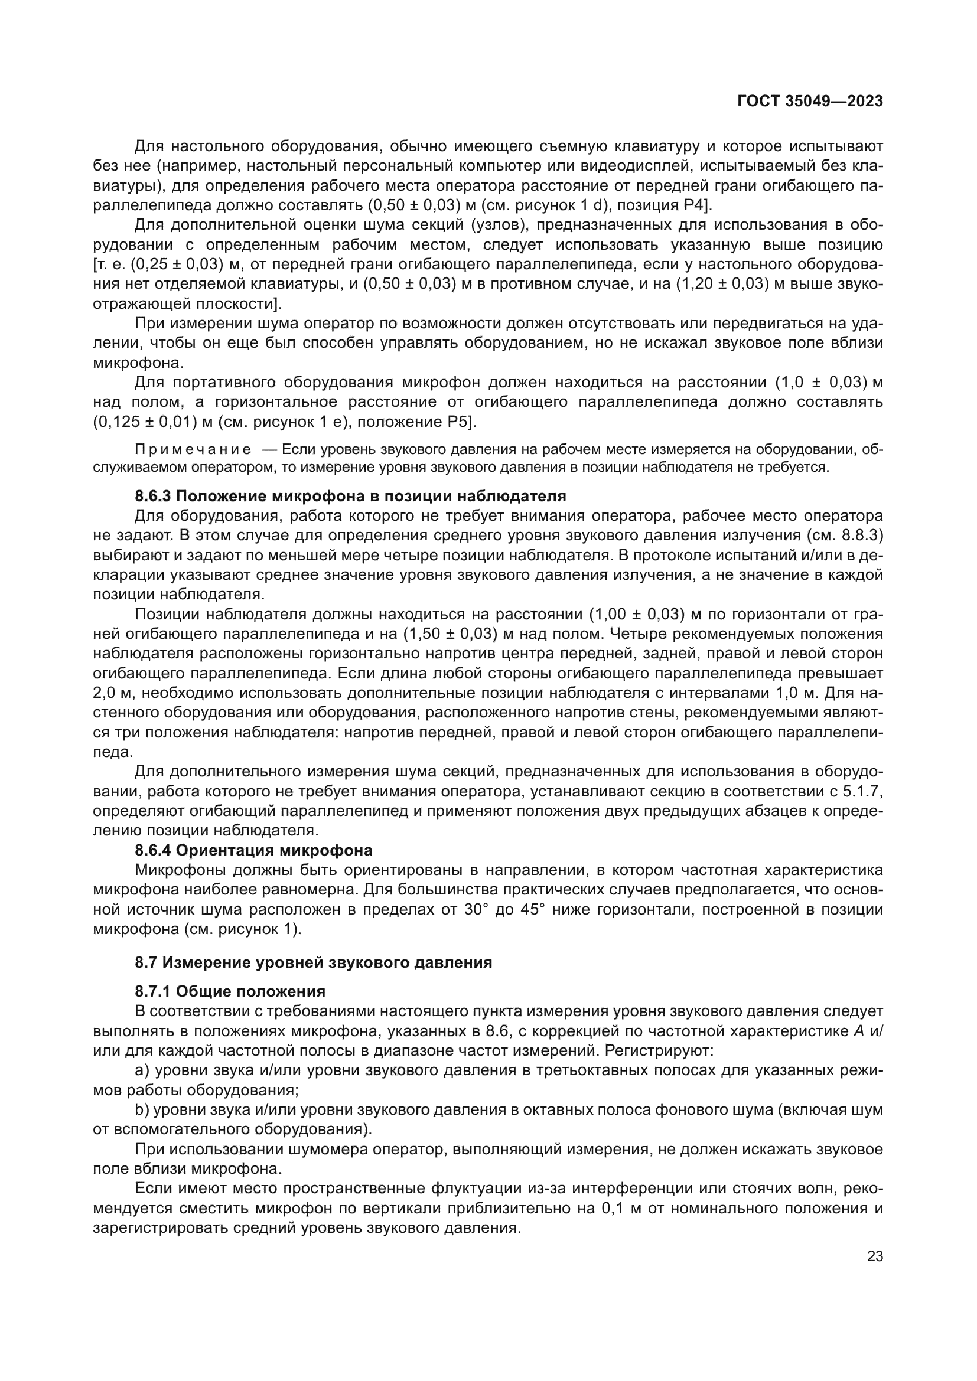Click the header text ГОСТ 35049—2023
[810, 101]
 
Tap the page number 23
[875, 1256]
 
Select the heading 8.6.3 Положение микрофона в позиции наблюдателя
[350, 496]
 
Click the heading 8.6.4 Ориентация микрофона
[253, 850]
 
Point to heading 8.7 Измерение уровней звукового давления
[313, 962]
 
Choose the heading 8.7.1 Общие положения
[230, 991]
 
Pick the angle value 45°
[532, 909]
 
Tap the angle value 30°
[478, 909]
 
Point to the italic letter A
[858, 1031]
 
